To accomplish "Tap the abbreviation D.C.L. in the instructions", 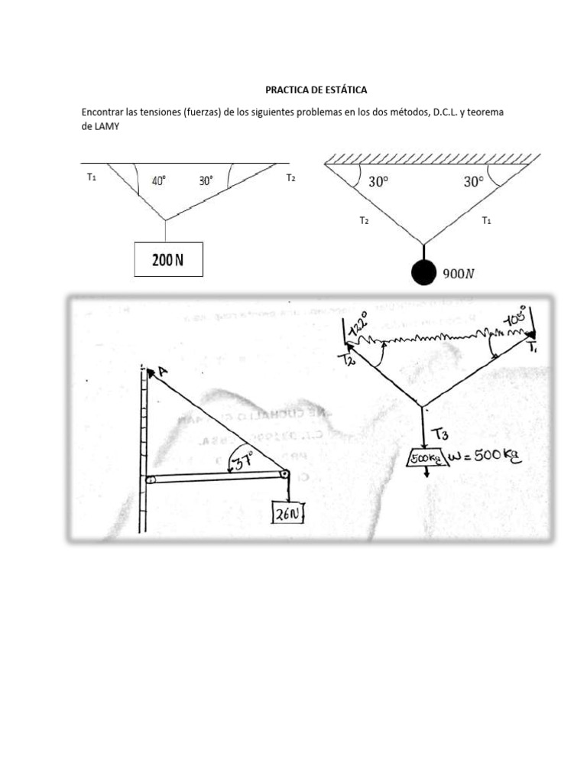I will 446,112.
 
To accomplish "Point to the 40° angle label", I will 159,181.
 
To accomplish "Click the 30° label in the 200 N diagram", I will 206,181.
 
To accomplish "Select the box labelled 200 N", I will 168,259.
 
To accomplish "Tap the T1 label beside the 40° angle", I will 92,177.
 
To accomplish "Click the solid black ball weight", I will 423,273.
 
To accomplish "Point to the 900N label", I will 459,275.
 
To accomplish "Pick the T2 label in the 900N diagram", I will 365,220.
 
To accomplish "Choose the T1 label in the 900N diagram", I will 485,220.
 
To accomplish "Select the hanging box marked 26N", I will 288,515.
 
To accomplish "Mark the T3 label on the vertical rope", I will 440,434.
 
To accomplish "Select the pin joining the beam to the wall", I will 150,480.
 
